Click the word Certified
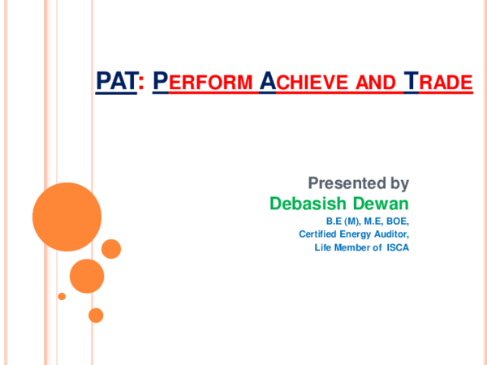[x=317, y=234]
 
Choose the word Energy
[x=356, y=234]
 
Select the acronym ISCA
[x=398, y=247]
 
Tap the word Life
[x=323, y=247]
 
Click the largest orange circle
[x=67, y=217]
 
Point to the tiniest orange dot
[x=62, y=297]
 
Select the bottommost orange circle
[x=96, y=315]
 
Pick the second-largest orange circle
[x=87, y=276]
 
